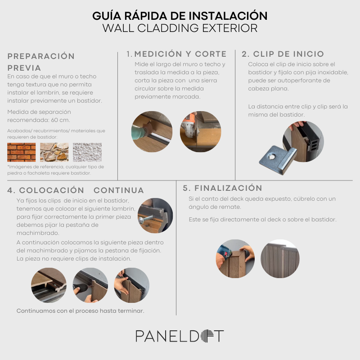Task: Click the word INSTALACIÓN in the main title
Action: click(x=228, y=16)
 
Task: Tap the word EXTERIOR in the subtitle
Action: click(x=229, y=28)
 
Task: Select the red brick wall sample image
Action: click(x=21, y=152)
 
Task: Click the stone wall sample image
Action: click(x=54, y=152)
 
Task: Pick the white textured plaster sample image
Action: click(x=87, y=152)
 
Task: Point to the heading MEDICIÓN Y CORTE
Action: click(x=180, y=54)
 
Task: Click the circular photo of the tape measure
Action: click(x=152, y=131)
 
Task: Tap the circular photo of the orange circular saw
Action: click(x=200, y=131)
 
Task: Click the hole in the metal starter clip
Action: click(x=272, y=157)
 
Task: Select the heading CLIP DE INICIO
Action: click(x=288, y=54)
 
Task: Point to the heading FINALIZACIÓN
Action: click(x=228, y=188)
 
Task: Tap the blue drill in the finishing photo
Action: click(x=224, y=253)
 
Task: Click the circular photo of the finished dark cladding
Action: click(x=280, y=259)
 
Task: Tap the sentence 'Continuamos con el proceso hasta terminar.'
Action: click(x=81, y=311)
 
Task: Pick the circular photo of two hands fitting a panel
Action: click(x=131, y=285)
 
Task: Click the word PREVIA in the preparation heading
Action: click(x=24, y=68)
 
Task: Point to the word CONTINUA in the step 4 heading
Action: click(x=119, y=190)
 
